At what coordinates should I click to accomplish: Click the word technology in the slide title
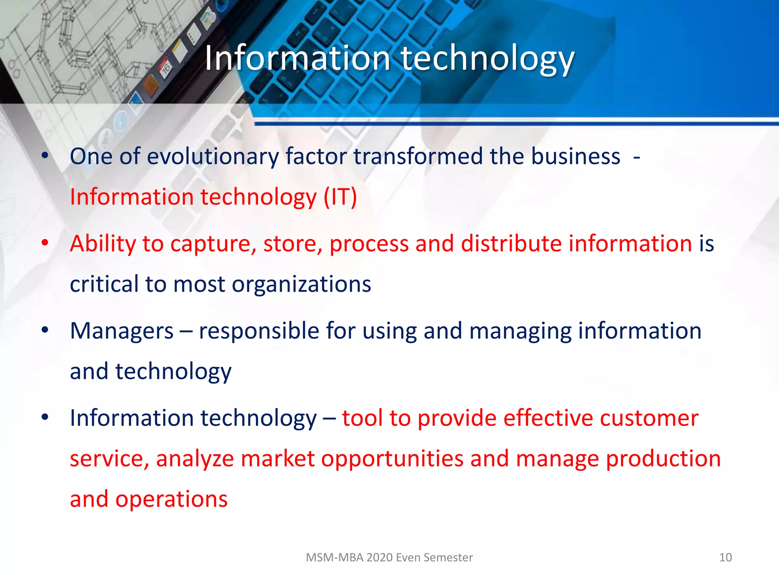[x=488, y=59]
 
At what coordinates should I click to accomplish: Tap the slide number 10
[x=725, y=557]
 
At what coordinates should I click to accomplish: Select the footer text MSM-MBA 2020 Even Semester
[x=389, y=557]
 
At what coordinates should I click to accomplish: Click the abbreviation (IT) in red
[x=340, y=197]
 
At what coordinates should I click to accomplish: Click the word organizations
[x=301, y=284]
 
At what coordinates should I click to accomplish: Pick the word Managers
[x=122, y=331]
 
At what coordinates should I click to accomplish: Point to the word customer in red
[x=649, y=418]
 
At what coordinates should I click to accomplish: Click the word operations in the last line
[x=171, y=499]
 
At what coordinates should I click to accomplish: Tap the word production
[x=663, y=459]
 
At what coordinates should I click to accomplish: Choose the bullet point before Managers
[x=45, y=330]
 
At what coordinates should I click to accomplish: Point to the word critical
[x=104, y=284]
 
